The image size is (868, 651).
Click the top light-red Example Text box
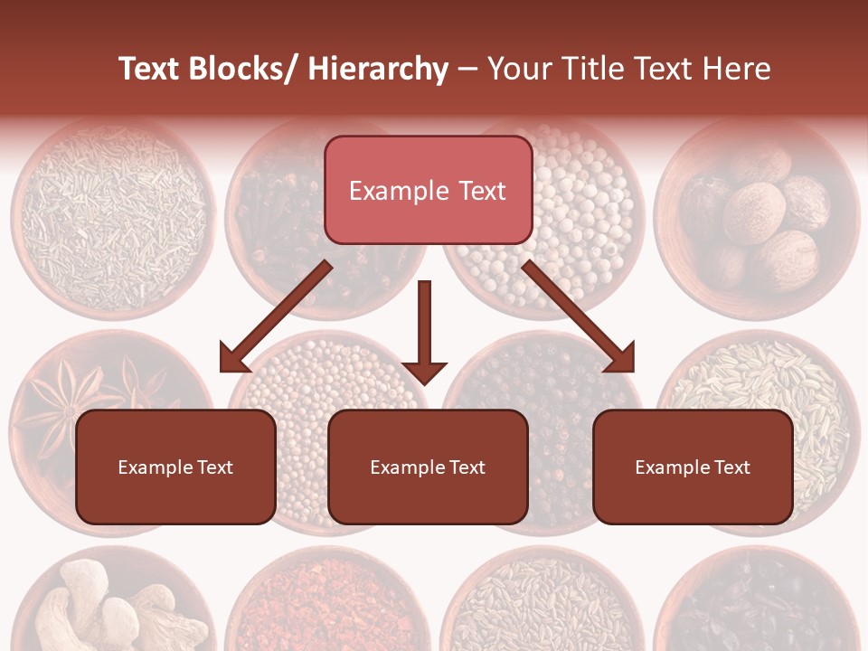pos(428,190)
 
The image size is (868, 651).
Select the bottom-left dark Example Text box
pos(175,467)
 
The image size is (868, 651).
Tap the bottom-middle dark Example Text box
pos(428,467)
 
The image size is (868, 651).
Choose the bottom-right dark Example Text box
pos(693,467)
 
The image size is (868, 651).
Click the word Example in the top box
pos(386,191)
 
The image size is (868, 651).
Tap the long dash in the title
pos(467,69)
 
